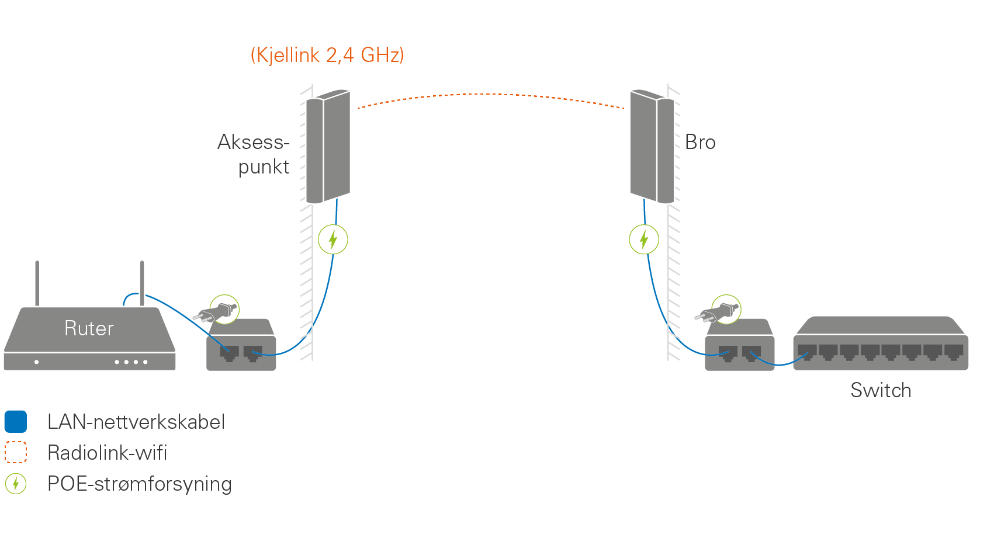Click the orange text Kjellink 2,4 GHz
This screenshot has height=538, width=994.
pos(327,55)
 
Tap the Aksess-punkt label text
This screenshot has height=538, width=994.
pos(254,154)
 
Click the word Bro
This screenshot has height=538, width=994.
pos(700,143)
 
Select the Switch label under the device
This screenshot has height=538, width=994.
pos(881,390)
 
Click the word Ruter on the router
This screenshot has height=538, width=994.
pos(89,328)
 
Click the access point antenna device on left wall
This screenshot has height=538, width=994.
pos(328,147)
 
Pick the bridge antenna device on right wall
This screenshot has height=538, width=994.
pos(652,147)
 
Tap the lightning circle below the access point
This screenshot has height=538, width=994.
pos(333,240)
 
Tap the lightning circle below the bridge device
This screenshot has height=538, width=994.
pos(644,240)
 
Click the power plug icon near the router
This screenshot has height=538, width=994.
pos(219,311)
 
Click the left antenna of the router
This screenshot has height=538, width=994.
pos(37,283)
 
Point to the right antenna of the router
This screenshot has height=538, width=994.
pos(142,283)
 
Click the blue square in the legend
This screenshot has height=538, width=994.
pos(16,422)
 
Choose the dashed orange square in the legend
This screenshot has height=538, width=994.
pos(16,452)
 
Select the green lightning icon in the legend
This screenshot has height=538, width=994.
pos(16,484)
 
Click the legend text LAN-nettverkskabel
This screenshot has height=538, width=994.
pos(136,422)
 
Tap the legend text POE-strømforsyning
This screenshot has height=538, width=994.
pos(140,484)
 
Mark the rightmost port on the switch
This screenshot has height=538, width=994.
pos(954,352)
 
